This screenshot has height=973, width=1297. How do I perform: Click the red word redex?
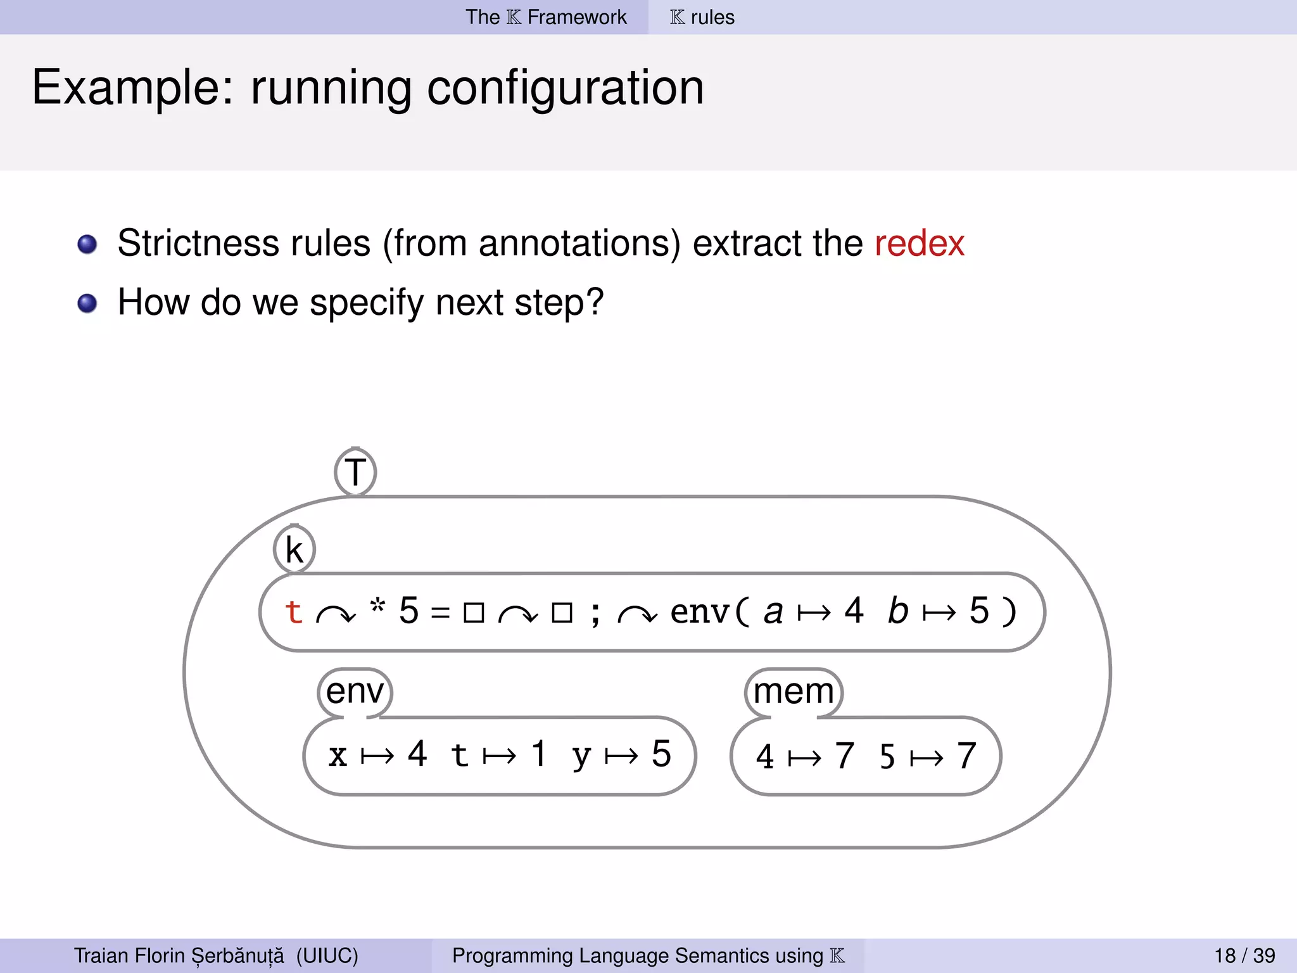coord(919,244)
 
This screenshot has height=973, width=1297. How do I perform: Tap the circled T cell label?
coord(355,472)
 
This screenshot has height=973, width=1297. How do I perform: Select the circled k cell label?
coord(294,550)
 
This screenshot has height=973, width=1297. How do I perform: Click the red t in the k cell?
coord(293,612)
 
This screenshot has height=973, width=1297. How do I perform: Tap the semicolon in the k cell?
coord(595,613)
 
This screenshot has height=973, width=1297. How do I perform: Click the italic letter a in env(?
coord(773,612)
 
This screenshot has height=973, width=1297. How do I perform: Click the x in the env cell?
coord(338,755)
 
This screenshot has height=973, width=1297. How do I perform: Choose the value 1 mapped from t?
coord(539,754)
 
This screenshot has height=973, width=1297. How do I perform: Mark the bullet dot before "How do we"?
coord(87,303)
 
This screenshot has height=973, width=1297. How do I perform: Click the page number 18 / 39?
coord(1244,955)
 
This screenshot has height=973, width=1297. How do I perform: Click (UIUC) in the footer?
coord(327,955)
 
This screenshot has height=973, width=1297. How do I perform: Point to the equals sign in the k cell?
coord(440,613)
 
